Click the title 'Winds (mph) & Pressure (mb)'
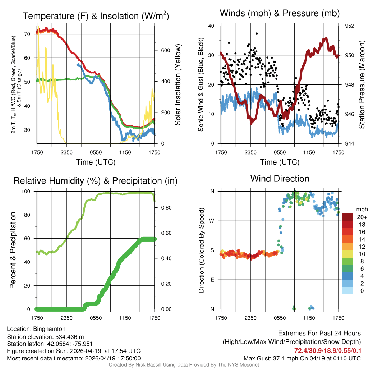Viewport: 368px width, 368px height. [280, 14]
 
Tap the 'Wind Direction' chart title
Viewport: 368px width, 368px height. [280, 179]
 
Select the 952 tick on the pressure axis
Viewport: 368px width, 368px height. [350, 26]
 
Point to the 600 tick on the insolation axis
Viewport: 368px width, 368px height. [165, 50]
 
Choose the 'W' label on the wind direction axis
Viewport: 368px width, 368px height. [212, 221]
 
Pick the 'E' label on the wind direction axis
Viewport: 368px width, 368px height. [213, 280]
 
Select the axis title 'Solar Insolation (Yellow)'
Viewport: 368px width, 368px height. [178, 85]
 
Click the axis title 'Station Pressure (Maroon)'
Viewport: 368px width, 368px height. [362, 85]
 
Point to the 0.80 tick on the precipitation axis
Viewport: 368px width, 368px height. [166, 208]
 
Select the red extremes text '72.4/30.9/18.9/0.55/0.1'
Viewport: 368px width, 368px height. [328, 350]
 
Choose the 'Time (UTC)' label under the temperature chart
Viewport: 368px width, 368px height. [96, 162]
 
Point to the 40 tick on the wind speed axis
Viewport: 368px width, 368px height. [211, 26]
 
